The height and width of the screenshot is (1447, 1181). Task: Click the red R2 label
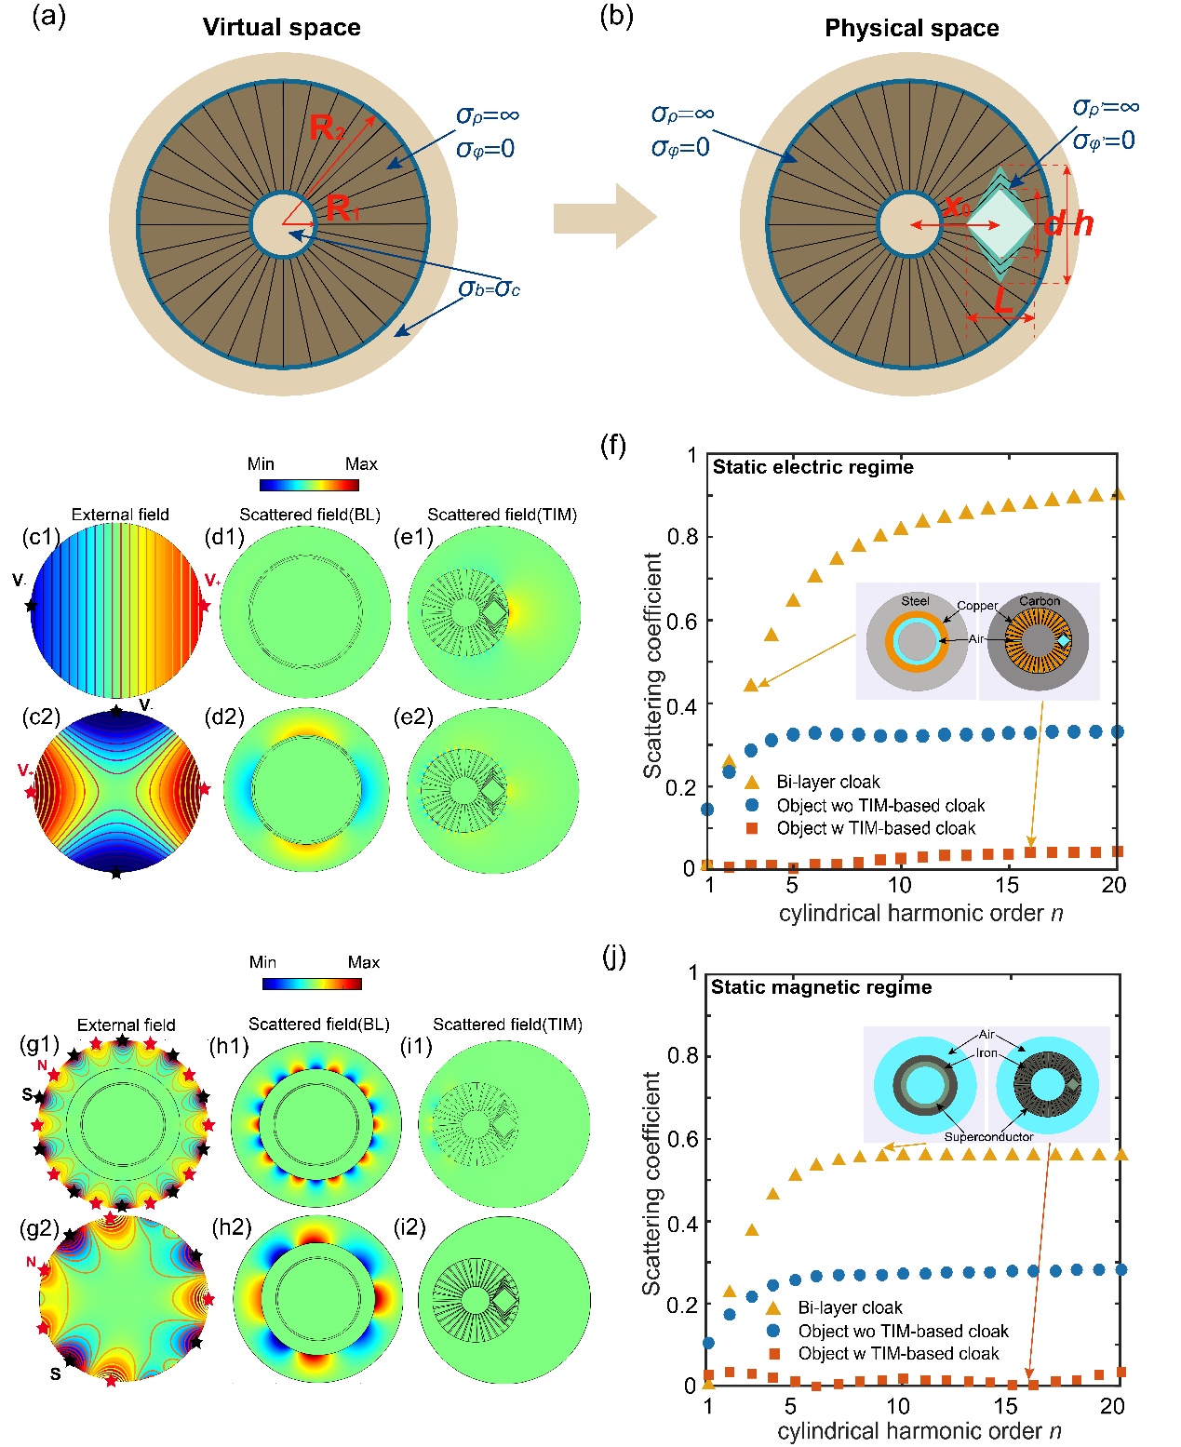pos(326,127)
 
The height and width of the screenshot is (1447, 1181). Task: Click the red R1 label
pos(342,209)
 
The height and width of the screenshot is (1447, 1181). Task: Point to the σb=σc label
pos(490,288)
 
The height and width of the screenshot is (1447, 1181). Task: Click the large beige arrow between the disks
pos(605,218)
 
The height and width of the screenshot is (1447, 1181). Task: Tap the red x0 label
pos(957,206)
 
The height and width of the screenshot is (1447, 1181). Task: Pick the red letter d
pos(1054,223)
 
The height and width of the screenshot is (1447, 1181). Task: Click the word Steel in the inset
pos(915,601)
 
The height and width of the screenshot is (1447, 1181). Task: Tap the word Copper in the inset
pos(977,606)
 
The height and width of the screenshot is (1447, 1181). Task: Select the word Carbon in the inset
pos(1039,601)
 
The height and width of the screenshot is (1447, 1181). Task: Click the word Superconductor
pos(988,1136)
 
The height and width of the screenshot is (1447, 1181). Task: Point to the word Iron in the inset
pos(986,1053)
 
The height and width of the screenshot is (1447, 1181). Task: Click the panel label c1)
pos(45,536)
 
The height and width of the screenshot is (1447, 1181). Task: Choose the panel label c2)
pos(45,717)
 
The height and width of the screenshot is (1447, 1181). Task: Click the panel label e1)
pos(420,537)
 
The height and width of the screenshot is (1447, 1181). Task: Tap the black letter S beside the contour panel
pos(55,1373)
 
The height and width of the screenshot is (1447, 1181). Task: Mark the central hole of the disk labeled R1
pos(284,224)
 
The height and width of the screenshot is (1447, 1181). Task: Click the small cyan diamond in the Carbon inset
pos(1064,641)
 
